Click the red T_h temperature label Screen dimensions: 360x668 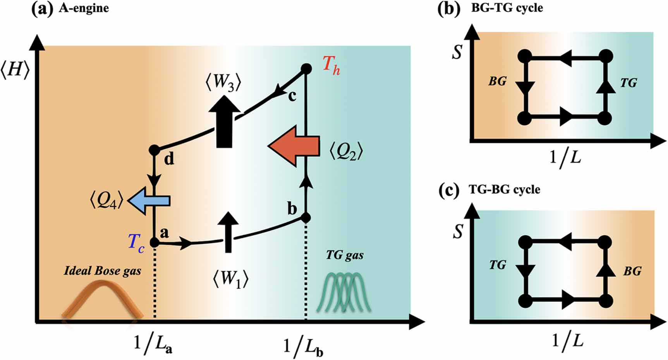[331, 64]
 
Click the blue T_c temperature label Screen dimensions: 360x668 [136, 243]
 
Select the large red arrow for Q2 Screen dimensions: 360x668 [295, 146]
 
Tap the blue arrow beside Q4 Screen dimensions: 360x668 [149, 200]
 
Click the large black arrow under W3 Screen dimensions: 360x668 [224, 121]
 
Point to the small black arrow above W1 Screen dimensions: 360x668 [228, 232]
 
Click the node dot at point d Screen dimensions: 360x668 [154, 150]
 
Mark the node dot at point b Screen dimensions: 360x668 [306, 218]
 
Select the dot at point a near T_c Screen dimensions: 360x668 [154, 243]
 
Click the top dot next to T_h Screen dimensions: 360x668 [306, 69]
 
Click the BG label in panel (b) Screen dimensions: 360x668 [497, 81]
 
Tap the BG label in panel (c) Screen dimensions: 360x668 [632, 271]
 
